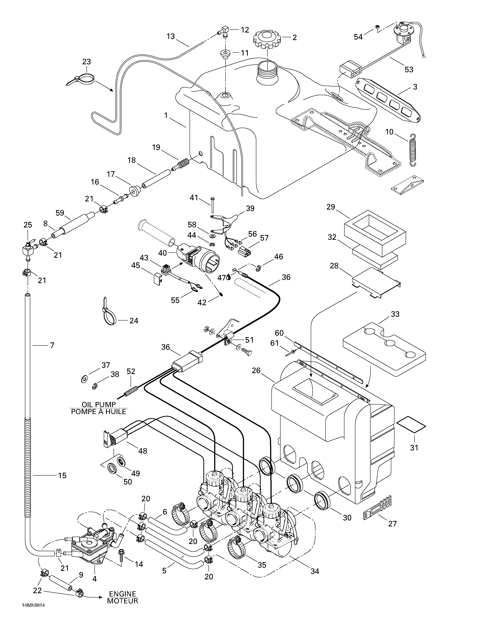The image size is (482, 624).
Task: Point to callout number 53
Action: (x=409, y=69)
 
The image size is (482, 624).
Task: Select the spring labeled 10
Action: (x=413, y=150)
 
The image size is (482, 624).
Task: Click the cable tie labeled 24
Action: (x=108, y=314)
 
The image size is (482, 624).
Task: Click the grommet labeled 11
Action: (x=225, y=54)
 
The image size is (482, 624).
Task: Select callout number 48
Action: (x=143, y=451)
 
